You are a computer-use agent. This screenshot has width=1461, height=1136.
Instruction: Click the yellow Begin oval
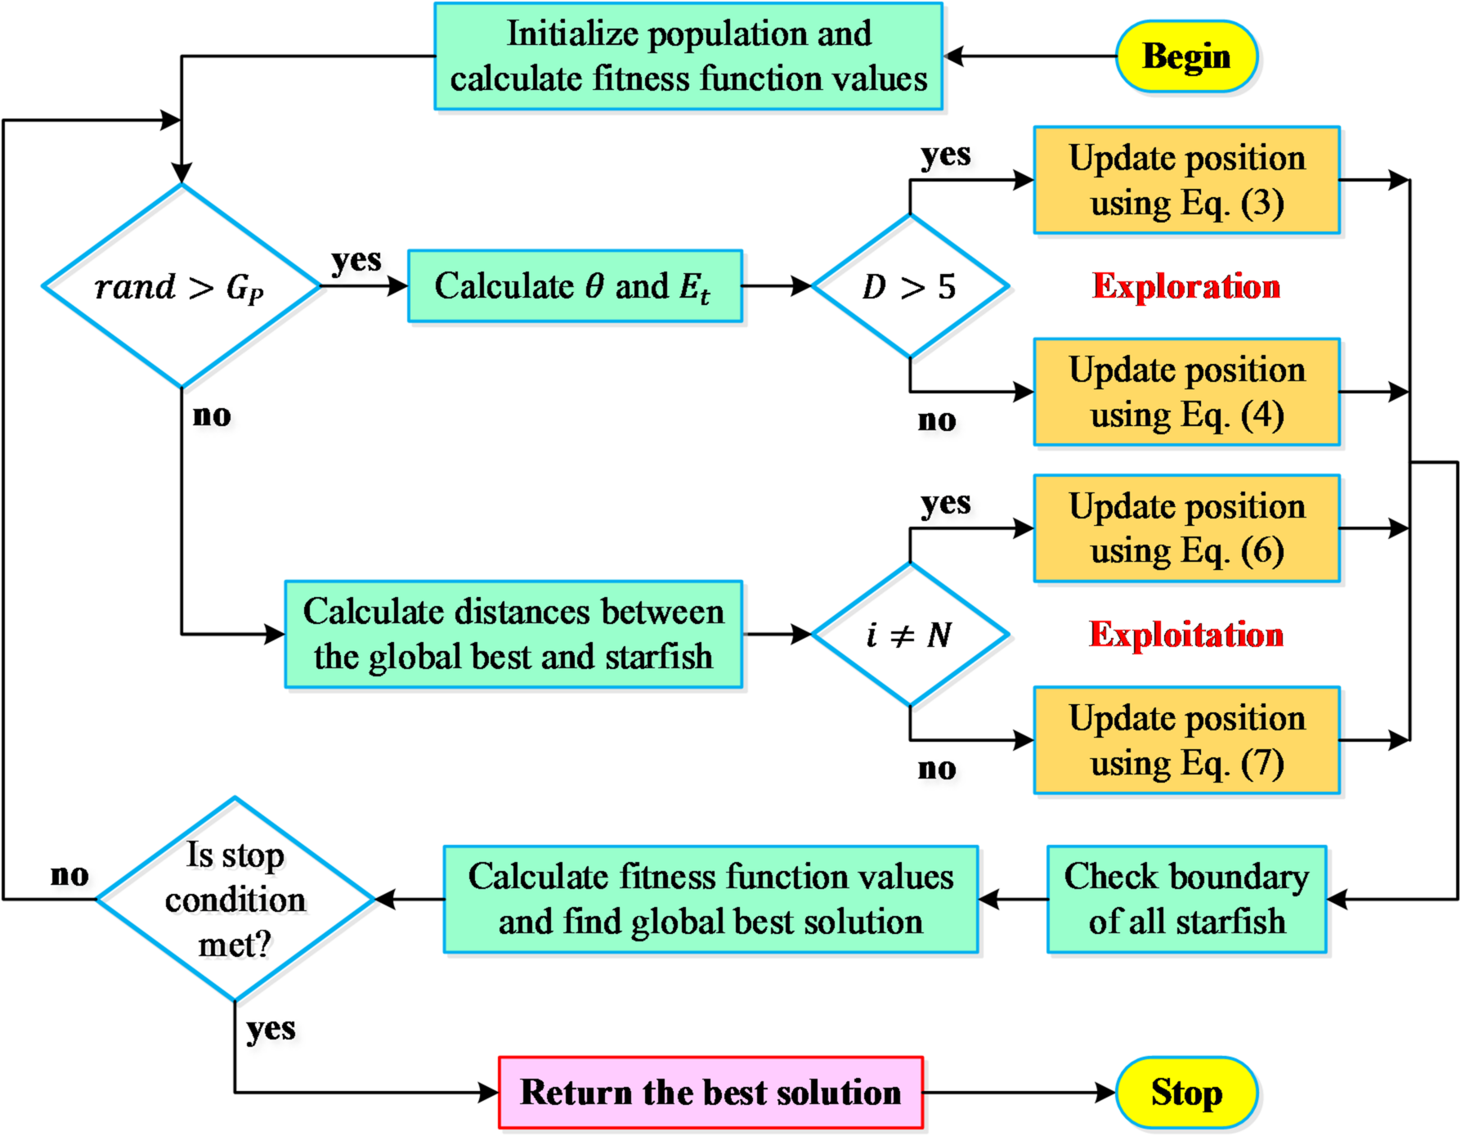click(x=1185, y=56)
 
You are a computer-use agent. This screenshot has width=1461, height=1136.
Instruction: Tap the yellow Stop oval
click(x=1185, y=1092)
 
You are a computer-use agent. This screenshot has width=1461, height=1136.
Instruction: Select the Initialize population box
click(x=688, y=56)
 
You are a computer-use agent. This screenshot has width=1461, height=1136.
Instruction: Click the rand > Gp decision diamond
click(x=181, y=286)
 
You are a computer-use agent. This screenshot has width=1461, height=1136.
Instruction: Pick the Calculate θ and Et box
click(x=575, y=286)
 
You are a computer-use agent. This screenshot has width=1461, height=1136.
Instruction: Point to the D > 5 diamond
click(x=909, y=286)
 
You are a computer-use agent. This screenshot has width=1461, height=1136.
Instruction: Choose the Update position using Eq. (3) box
click(x=1186, y=180)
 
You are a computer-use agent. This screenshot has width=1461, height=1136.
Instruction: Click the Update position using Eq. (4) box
click(x=1186, y=392)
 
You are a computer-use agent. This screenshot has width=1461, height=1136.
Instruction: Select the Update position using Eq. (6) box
click(x=1186, y=528)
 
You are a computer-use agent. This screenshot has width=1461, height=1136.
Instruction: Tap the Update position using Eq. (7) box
click(x=1186, y=740)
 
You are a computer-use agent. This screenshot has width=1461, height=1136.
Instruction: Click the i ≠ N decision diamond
click(x=909, y=635)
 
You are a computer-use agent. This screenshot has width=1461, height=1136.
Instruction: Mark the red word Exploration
click(x=1185, y=286)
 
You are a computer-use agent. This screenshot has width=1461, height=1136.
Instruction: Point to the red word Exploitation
click(x=1185, y=635)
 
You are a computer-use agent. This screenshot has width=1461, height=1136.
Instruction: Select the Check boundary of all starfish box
click(x=1186, y=899)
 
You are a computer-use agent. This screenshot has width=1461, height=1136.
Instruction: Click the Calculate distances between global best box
click(x=513, y=635)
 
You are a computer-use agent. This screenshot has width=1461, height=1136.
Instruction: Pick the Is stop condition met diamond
click(x=235, y=899)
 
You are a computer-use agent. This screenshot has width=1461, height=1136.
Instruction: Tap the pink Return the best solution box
click(x=710, y=1092)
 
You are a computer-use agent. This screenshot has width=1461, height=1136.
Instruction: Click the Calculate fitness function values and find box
click(x=710, y=899)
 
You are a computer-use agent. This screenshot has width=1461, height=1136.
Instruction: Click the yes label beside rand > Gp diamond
click(x=356, y=261)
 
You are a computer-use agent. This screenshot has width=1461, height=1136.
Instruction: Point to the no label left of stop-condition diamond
click(x=69, y=874)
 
